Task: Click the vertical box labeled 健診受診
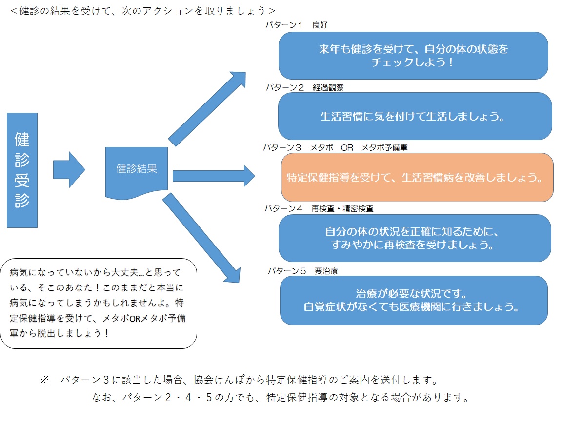click(x=22, y=170)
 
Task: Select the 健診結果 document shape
click(x=137, y=171)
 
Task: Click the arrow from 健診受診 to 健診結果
click(x=69, y=170)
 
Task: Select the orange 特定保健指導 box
click(x=417, y=178)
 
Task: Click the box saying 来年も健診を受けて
click(x=413, y=56)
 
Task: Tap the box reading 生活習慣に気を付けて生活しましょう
click(x=415, y=117)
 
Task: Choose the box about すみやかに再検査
click(x=415, y=238)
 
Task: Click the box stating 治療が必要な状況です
click(x=414, y=301)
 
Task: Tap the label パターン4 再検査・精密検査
click(x=319, y=208)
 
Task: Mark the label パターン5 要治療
click(x=302, y=271)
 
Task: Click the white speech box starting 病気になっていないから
click(x=99, y=303)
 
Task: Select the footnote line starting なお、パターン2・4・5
click(x=281, y=397)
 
